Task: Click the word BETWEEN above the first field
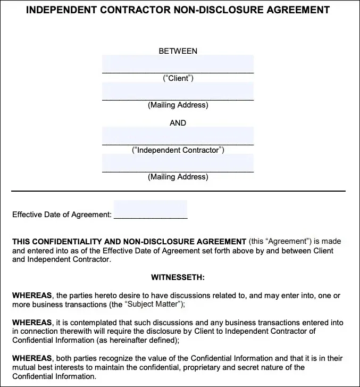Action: (x=178, y=51)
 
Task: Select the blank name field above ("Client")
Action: (x=178, y=64)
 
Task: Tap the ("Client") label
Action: (x=178, y=78)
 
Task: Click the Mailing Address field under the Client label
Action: (x=178, y=92)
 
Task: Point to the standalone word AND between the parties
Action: (x=178, y=123)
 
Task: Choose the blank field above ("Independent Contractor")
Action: (x=178, y=136)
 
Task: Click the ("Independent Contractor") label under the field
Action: (x=178, y=150)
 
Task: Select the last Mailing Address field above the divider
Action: (x=178, y=163)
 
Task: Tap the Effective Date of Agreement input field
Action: (x=150, y=210)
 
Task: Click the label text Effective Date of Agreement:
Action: (x=62, y=215)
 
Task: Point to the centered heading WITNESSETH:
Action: (x=178, y=277)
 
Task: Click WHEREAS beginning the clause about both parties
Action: (x=32, y=358)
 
